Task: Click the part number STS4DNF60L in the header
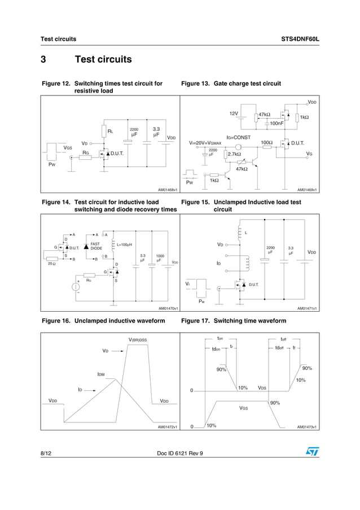tap(300, 39)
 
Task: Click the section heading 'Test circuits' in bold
tap(103, 59)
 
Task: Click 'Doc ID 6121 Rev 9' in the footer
tap(179, 453)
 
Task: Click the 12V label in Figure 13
tap(234, 114)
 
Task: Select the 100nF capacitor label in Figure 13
tap(276, 123)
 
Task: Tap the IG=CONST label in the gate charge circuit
tap(238, 137)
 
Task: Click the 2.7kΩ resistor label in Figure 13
tap(234, 154)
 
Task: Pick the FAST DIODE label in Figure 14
tap(96, 246)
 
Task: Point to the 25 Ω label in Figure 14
tap(51, 263)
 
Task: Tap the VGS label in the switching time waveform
tap(244, 407)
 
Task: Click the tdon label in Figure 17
tap(216, 348)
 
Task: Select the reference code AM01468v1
tap(168, 190)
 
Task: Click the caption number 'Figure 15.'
tap(195, 202)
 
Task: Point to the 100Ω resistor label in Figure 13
tap(267, 143)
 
